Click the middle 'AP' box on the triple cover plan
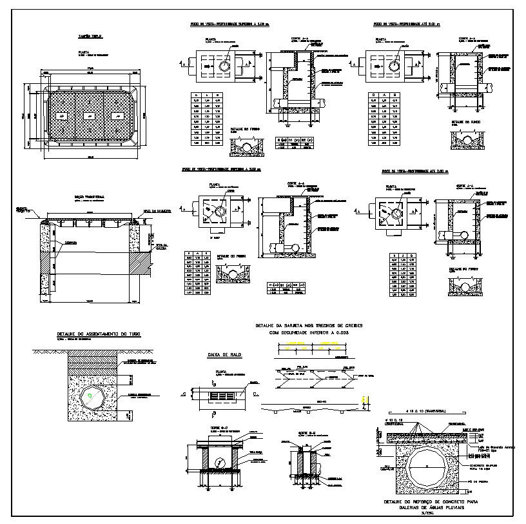point(89,116)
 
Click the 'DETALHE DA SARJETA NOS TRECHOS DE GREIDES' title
point(309,326)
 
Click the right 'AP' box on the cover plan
point(117,116)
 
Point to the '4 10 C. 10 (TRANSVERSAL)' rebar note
point(422,411)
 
